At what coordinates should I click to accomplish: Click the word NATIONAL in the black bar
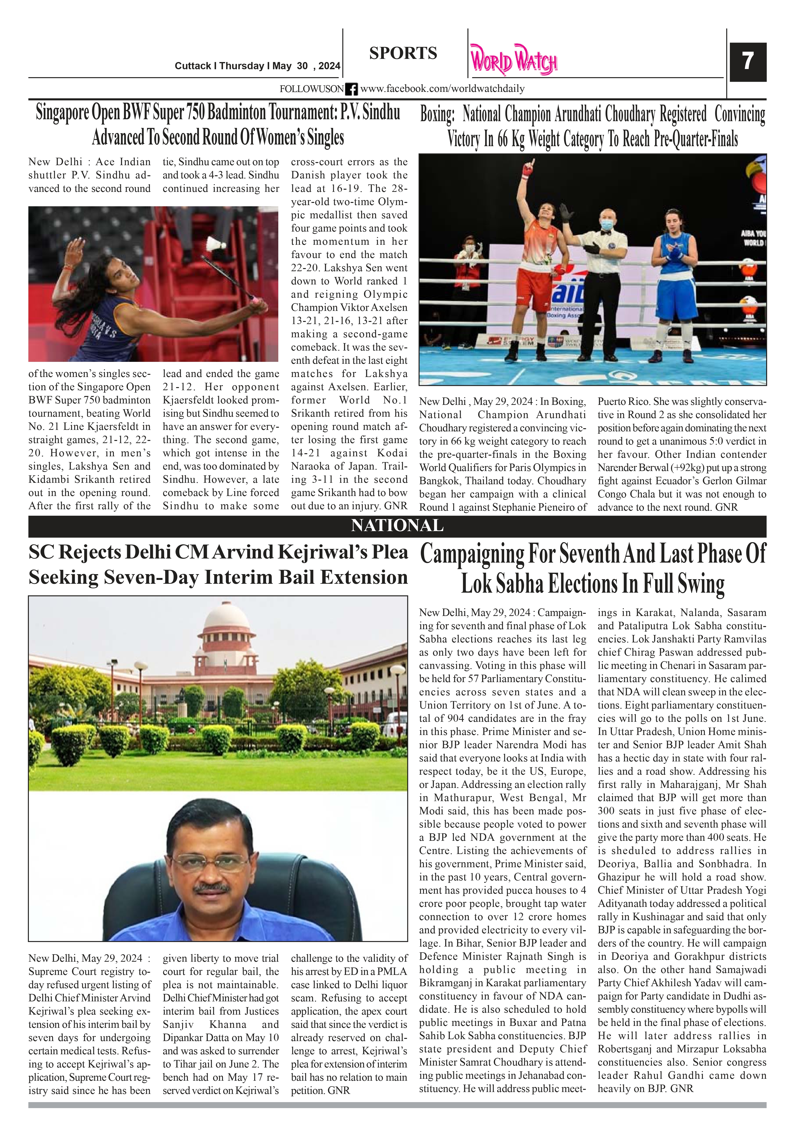pos(397,526)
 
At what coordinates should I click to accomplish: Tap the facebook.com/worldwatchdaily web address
pos(442,89)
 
